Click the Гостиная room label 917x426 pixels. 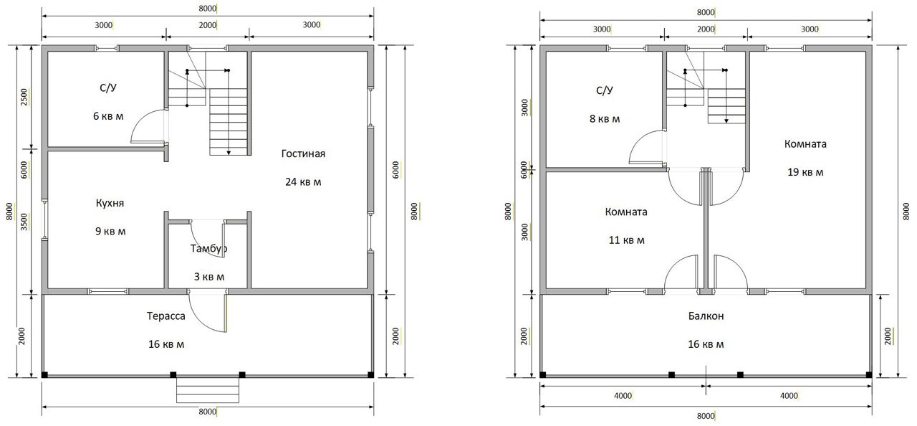pos(303,153)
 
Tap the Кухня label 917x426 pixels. pos(110,203)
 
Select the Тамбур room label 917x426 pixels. pos(208,248)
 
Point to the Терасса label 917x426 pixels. pos(165,316)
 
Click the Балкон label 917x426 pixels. pos(706,316)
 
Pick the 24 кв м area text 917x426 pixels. pos(303,182)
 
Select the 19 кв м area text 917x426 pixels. pos(805,172)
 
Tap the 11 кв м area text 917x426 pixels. pos(626,240)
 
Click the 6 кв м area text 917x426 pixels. pos(108,116)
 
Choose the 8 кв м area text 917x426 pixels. pos(605,119)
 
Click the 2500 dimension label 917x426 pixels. pos(24,97)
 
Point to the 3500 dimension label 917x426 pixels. pos(24,222)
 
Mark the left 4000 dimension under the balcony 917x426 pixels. pos(623,396)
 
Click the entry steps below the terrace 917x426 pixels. pos(208,390)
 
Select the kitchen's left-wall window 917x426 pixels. pos(44,219)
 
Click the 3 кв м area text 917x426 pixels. pos(208,277)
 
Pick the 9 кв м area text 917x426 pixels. pos(110,232)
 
